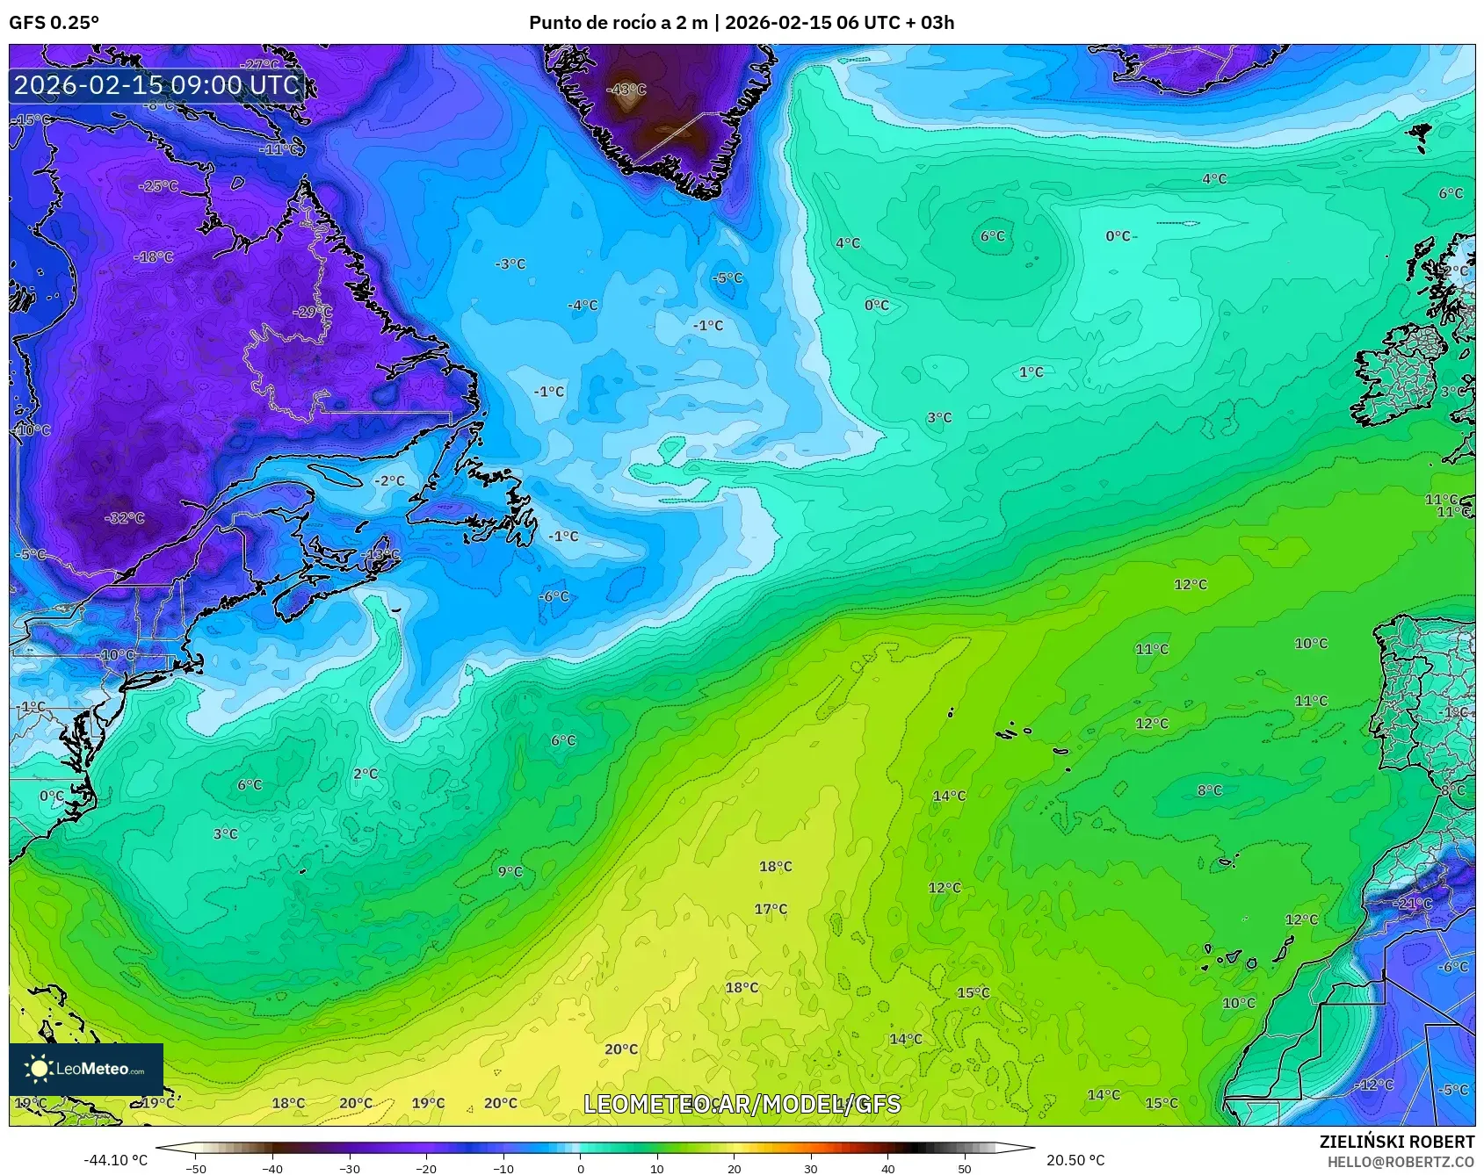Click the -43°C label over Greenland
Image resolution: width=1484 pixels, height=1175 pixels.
tap(627, 90)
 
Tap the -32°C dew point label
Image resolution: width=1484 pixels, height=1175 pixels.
tap(124, 518)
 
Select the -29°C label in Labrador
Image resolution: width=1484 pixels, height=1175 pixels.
tap(313, 312)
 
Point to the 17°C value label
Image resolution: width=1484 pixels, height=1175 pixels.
tap(771, 909)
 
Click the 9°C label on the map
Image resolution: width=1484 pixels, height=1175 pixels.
tap(510, 871)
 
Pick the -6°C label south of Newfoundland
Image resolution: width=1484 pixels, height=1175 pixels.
tap(554, 596)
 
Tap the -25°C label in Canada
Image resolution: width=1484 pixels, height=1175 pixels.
tap(158, 186)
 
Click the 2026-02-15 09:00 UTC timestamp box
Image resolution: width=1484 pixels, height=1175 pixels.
tap(156, 85)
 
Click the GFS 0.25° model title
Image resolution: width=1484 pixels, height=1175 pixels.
tap(54, 23)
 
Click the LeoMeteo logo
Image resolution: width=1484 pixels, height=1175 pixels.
tap(86, 1069)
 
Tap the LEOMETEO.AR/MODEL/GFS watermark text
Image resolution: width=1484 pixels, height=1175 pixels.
tap(742, 1104)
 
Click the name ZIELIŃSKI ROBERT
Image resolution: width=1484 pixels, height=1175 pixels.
tap(1396, 1142)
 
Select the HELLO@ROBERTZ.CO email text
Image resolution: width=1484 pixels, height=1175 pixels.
tap(1401, 1162)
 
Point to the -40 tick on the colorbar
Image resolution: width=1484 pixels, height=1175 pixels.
tap(273, 1168)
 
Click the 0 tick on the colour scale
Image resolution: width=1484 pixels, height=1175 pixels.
tap(581, 1168)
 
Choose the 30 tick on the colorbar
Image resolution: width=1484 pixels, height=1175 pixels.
tap(811, 1168)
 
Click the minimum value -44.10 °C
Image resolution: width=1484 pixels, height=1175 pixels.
tap(116, 1160)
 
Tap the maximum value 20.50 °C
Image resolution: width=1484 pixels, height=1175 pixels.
tap(1075, 1160)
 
